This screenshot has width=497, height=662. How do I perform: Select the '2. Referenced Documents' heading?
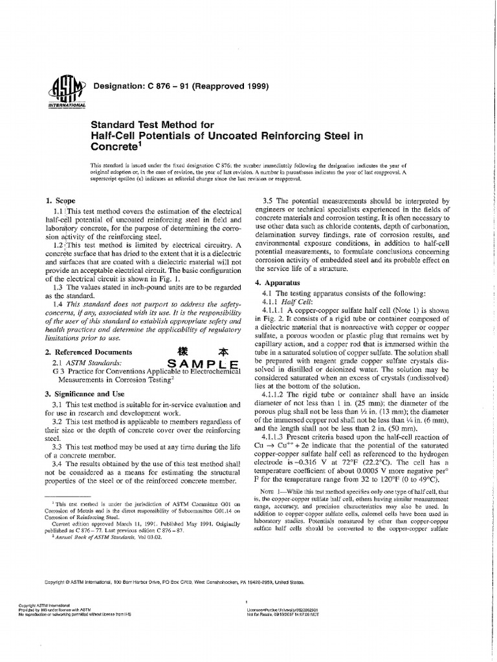point(89,352)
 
